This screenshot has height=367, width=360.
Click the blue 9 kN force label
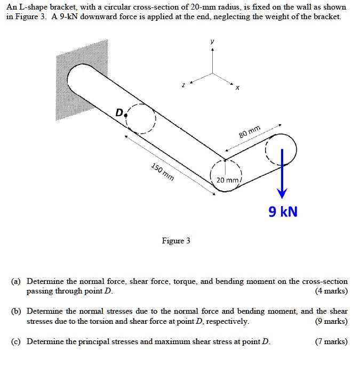click(x=283, y=212)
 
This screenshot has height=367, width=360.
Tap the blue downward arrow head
click(x=282, y=193)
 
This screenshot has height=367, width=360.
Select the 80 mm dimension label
click(x=250, y=131)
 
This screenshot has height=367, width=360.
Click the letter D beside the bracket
click(x=119, y=112)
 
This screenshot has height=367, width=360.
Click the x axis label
click(x=238, y=89)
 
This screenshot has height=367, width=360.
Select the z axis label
click(x=183, y=85)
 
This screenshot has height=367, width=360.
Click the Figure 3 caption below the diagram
click(x=176, y=241)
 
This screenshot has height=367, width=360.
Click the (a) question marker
click(x=19, y=281)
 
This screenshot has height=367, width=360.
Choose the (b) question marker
click(x=19, y=311)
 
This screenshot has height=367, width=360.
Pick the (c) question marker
click(x=19, y=341)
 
